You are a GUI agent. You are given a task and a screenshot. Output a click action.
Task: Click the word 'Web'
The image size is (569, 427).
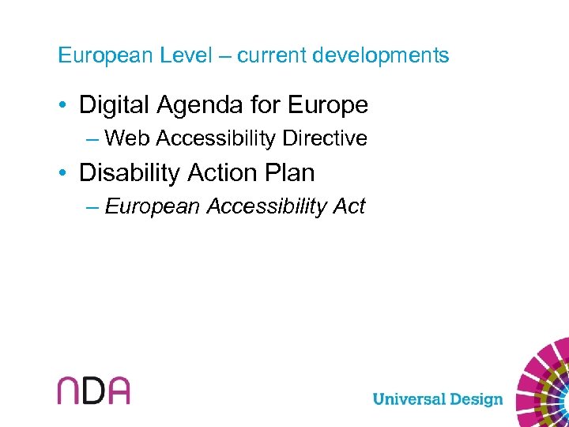click(128, 139)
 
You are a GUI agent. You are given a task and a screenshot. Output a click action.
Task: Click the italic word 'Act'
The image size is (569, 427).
click(349, 207)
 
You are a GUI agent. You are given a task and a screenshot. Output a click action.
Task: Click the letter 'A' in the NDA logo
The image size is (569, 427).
click(117, 391)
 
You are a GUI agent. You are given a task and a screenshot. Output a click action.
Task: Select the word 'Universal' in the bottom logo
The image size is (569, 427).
click(411, 399)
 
